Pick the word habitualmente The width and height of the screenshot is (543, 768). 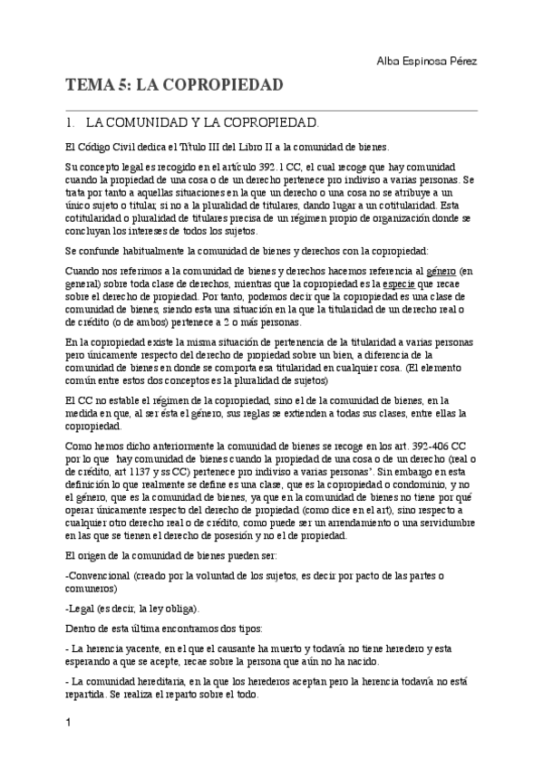[168, 250]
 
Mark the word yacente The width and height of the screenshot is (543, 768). [149, 648]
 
